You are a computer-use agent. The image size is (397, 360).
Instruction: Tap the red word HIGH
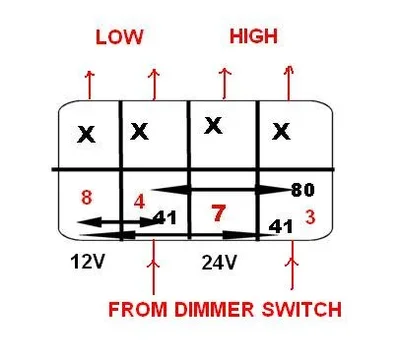click(x=254, y=36)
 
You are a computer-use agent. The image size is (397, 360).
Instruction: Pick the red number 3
click(x=311, y=216)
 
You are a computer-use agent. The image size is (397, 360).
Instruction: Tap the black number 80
click(x=303, y=188)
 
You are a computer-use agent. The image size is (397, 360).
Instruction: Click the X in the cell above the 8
click(x=88, y=134)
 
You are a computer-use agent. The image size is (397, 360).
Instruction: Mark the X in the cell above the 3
click(x=283, y=131)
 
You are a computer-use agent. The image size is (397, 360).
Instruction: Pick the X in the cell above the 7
click(x=212, y=127)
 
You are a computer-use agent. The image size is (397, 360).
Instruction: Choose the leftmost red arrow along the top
click(x=88, y=85)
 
